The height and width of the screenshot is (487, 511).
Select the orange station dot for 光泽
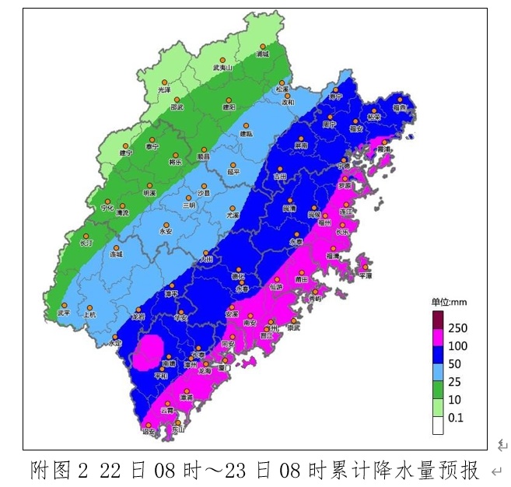click(165, 82)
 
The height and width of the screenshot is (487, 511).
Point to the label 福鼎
click(400, 108)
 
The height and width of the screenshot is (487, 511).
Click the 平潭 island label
click(365, 275)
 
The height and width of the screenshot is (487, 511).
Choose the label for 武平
click(64, 314)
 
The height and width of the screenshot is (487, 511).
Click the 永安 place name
click(166, 231)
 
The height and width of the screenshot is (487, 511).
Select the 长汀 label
click(86, 243)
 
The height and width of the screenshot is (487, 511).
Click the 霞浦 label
click(383, 149)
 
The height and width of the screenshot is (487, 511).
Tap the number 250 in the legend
click(458, 328)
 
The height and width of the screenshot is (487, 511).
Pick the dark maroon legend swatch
click(438, 319)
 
